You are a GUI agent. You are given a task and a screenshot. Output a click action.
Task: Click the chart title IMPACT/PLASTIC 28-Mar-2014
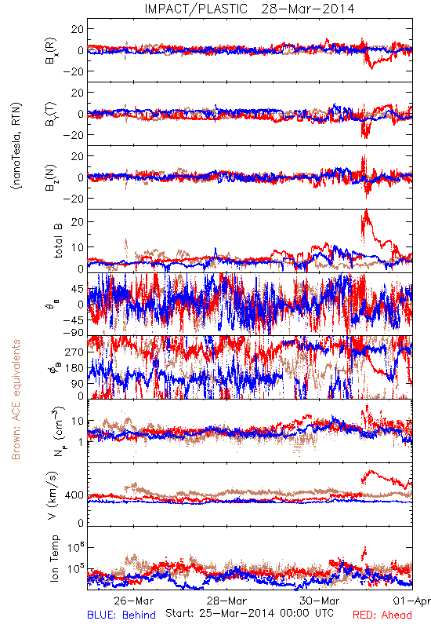249,9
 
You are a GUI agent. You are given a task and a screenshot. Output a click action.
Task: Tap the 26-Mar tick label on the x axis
133,601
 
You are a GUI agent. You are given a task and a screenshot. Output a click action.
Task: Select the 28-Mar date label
226,601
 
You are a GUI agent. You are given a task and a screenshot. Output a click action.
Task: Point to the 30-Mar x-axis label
320,601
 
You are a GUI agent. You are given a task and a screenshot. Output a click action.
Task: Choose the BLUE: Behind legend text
121,615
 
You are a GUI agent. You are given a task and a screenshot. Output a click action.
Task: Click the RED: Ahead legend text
382,615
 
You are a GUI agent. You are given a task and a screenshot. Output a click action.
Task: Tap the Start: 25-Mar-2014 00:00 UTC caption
249,613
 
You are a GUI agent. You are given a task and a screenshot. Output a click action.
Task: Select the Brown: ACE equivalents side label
16,400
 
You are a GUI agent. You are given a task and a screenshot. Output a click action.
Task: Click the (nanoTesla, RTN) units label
16,145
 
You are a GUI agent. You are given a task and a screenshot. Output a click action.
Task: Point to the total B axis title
57,241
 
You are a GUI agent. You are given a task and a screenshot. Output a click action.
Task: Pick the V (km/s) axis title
53,495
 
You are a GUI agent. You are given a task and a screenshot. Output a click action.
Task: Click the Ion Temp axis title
54,558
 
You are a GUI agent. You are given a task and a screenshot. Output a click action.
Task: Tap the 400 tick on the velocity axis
74,495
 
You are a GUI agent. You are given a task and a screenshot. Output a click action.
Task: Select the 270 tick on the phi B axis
74,352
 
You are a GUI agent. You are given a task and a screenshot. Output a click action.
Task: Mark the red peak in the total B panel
366,210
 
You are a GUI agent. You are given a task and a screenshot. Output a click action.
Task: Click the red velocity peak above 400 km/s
371,471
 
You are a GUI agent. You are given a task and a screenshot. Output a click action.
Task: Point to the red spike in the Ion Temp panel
364,547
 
